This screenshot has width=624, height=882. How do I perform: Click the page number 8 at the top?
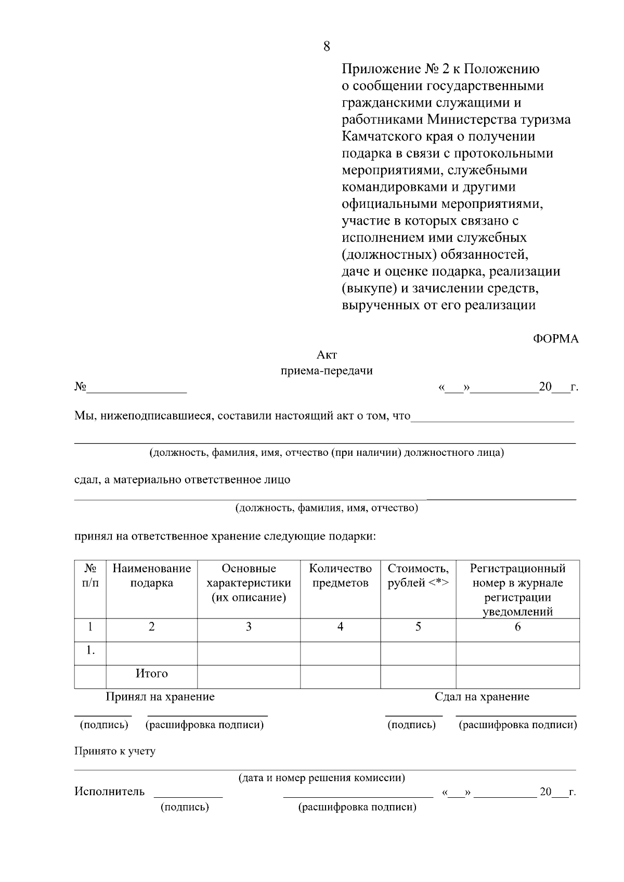click(x=327, y=47)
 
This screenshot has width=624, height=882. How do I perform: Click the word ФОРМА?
click(x=555, y=339)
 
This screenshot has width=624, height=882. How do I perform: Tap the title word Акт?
click(x=327, y=355)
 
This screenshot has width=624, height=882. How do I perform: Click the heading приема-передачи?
click(x=327, y=371)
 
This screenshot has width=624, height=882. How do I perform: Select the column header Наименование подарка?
click(x=151, y=576)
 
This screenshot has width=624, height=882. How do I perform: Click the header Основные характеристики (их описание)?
click(x=249, y=583)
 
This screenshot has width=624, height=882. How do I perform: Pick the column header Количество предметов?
click(x=340, y=576)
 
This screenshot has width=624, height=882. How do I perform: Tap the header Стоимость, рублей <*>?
click(x=418, y=576)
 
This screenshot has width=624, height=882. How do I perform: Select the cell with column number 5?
click(x=418, y=627)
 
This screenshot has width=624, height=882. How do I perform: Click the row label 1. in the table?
click(x=90, y=651)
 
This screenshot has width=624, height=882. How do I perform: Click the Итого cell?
click(x=151, y=674)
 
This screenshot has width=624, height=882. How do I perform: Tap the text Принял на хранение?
click(x=160, y=697)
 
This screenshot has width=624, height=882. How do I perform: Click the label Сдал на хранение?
click(x=482, y=697)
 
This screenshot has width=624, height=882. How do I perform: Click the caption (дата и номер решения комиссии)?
click(x=321, y=778)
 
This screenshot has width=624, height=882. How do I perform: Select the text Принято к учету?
click(x=115, y=751)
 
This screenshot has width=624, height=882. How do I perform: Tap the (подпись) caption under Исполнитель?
click(x=185, y=807)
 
